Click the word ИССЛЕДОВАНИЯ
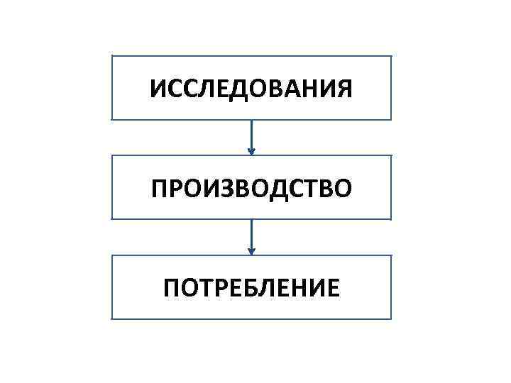(x=251, y=89)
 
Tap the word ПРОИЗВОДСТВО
(x=251, y=189)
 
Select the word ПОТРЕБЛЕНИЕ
(x=251, y=288)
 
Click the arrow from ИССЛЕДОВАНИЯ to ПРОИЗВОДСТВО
(x=251, y=136)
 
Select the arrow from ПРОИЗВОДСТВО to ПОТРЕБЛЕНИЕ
(x=251, y=235)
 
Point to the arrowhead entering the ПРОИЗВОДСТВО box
(x=251, y=150)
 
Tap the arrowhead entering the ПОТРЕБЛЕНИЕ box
(x=251, y=250)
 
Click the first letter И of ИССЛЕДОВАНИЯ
(x=159, y=89)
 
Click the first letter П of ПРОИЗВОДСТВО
(x=158, y=189)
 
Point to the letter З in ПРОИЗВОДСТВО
(x=225, y=189)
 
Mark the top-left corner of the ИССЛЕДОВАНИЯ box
(x=113, y=57)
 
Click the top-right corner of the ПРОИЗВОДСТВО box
(x=390, y=156)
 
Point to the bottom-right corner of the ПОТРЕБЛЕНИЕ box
(x=390, y=318)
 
